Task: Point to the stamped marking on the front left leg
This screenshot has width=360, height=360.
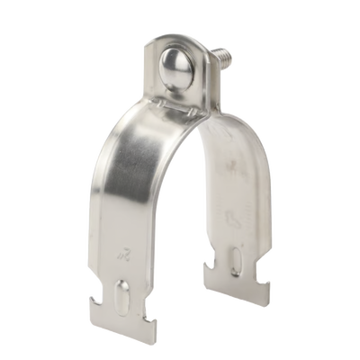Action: [x=123, y=259]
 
